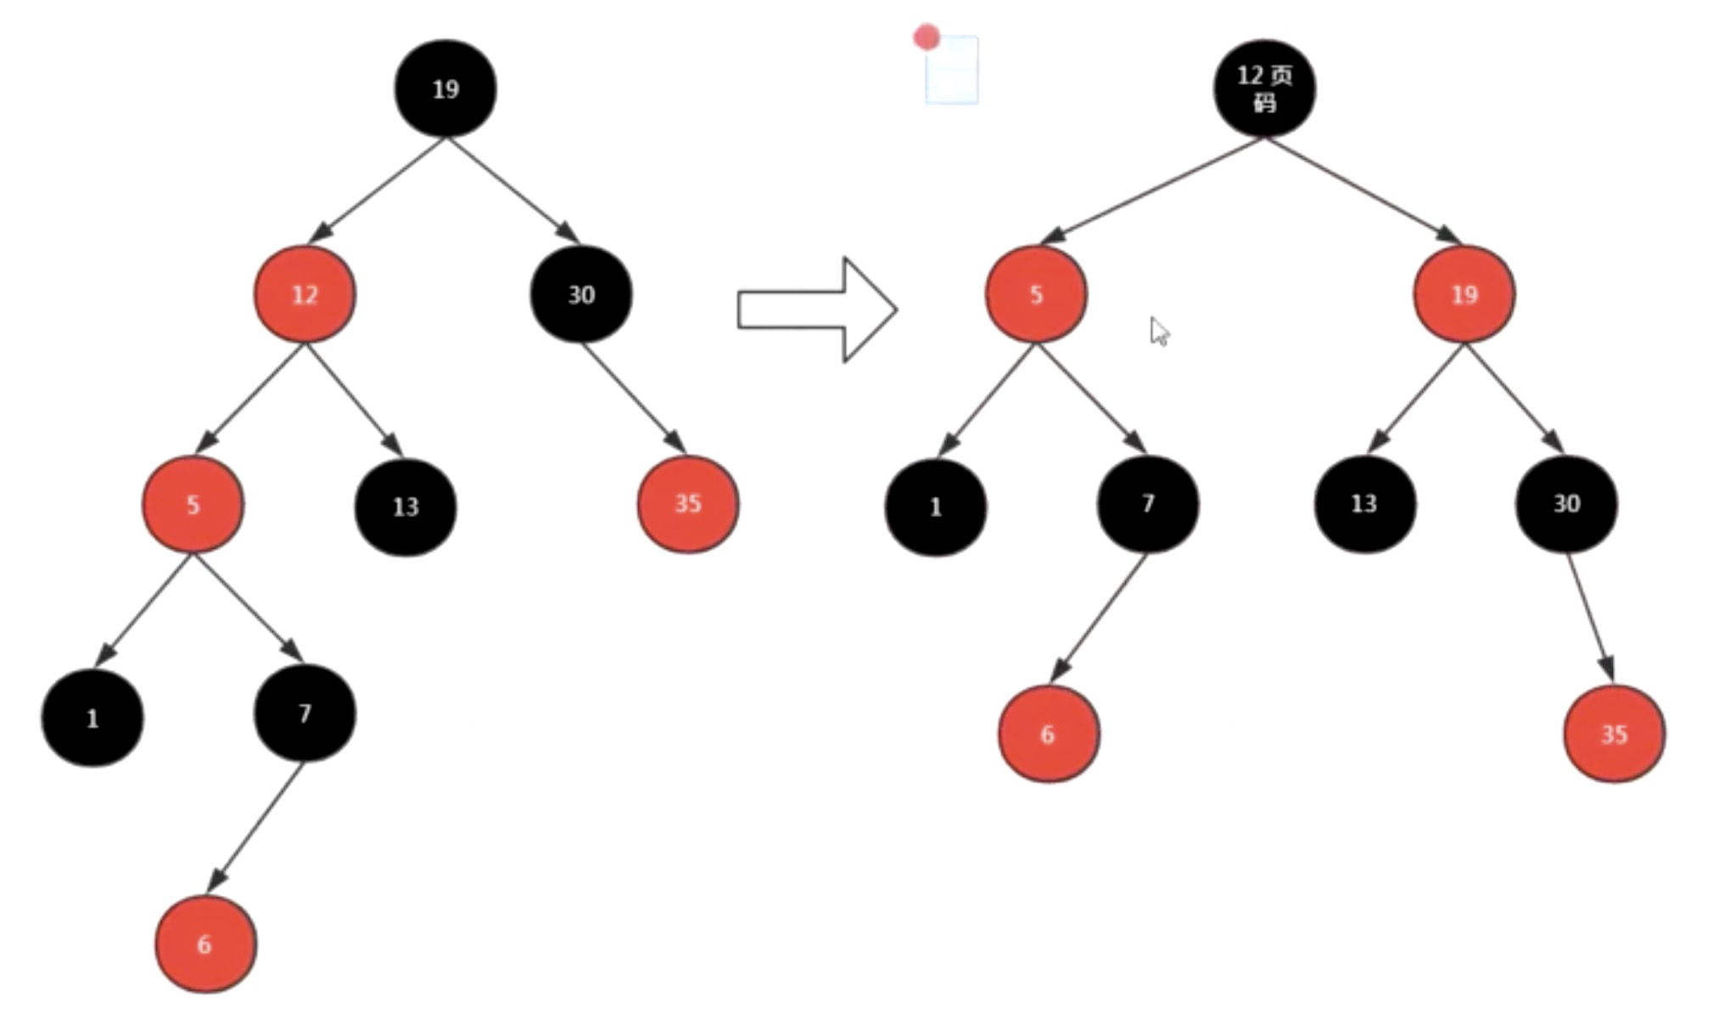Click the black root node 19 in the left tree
445,88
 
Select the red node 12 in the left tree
305,294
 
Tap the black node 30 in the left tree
581,294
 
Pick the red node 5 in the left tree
193,505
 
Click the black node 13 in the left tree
406,506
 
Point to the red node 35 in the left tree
688,504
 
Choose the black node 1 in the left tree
92,718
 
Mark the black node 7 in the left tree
305,713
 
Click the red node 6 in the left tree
205,943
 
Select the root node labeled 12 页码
1264,88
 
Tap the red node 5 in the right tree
1036,294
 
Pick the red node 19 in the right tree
1464,294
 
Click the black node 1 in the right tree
936,506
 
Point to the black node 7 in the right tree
1148,504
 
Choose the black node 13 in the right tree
1364,504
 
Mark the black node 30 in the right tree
1566,504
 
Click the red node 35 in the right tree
1614,734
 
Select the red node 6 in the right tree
1049,734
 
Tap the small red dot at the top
927,37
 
